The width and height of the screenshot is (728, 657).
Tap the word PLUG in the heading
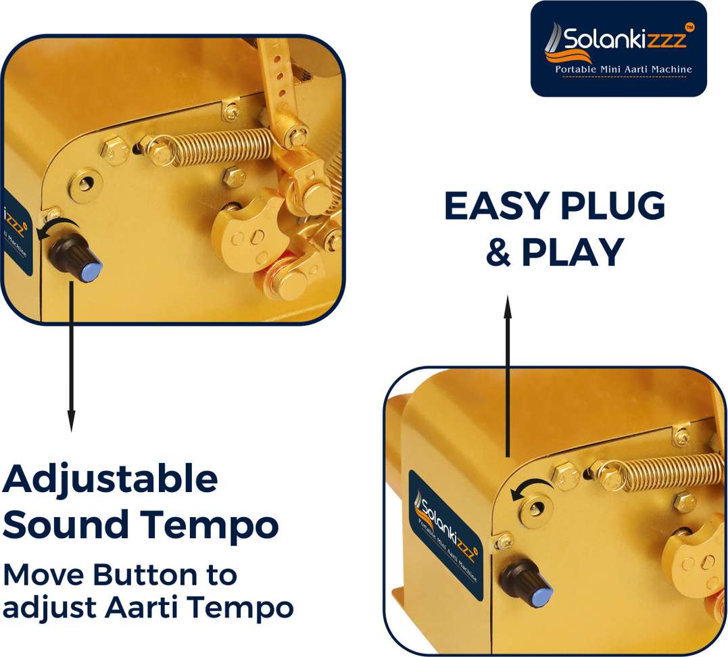[613, 205]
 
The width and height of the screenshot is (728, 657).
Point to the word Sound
[66, 524]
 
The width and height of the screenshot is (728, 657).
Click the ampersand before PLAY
[499, 252]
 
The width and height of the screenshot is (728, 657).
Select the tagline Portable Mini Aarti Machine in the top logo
[623, 69]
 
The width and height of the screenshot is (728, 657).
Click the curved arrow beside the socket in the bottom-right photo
[531, 485]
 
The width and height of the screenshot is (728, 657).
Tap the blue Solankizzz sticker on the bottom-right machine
[445, 534]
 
